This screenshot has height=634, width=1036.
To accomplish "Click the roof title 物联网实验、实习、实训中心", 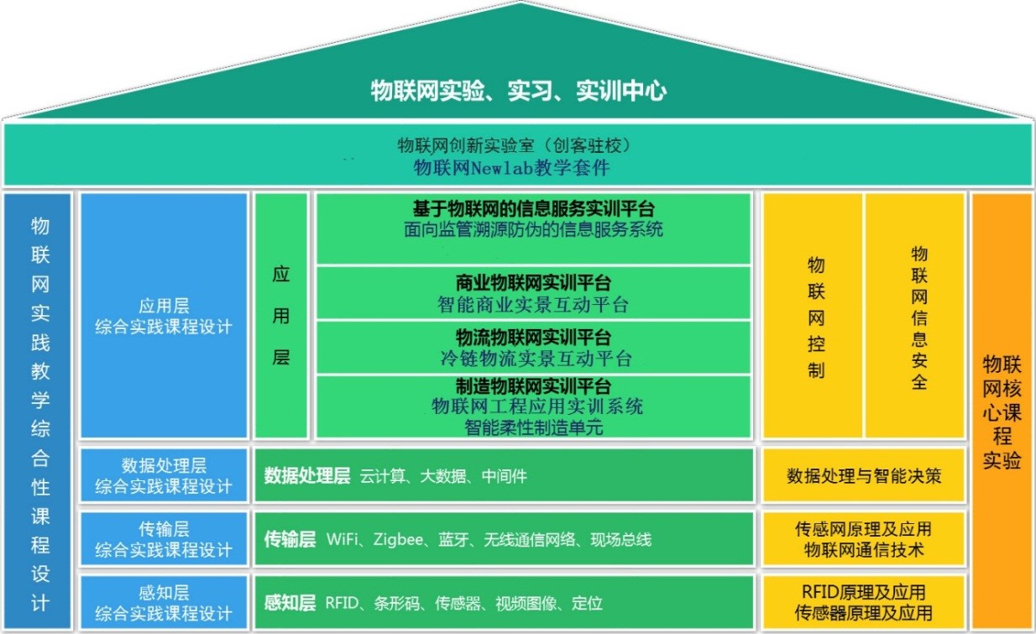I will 518,91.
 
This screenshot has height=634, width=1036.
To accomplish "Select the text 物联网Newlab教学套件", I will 512,168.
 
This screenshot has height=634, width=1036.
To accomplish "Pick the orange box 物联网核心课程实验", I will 1002,411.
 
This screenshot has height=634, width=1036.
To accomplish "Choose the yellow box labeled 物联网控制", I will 815,317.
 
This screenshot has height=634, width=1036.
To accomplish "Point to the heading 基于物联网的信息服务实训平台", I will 533,208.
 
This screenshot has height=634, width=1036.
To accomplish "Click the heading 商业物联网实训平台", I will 533,282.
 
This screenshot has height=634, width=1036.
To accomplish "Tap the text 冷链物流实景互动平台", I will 533,359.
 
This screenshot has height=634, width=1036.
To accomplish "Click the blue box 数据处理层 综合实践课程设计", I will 164,475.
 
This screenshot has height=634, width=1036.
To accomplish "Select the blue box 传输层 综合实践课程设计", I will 164,539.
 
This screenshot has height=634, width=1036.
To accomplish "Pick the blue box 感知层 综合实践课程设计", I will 164,603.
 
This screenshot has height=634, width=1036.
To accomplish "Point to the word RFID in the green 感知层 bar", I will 343,603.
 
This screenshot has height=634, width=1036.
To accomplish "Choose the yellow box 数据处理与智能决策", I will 863,476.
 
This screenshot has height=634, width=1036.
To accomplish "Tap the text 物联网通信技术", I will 863,550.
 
